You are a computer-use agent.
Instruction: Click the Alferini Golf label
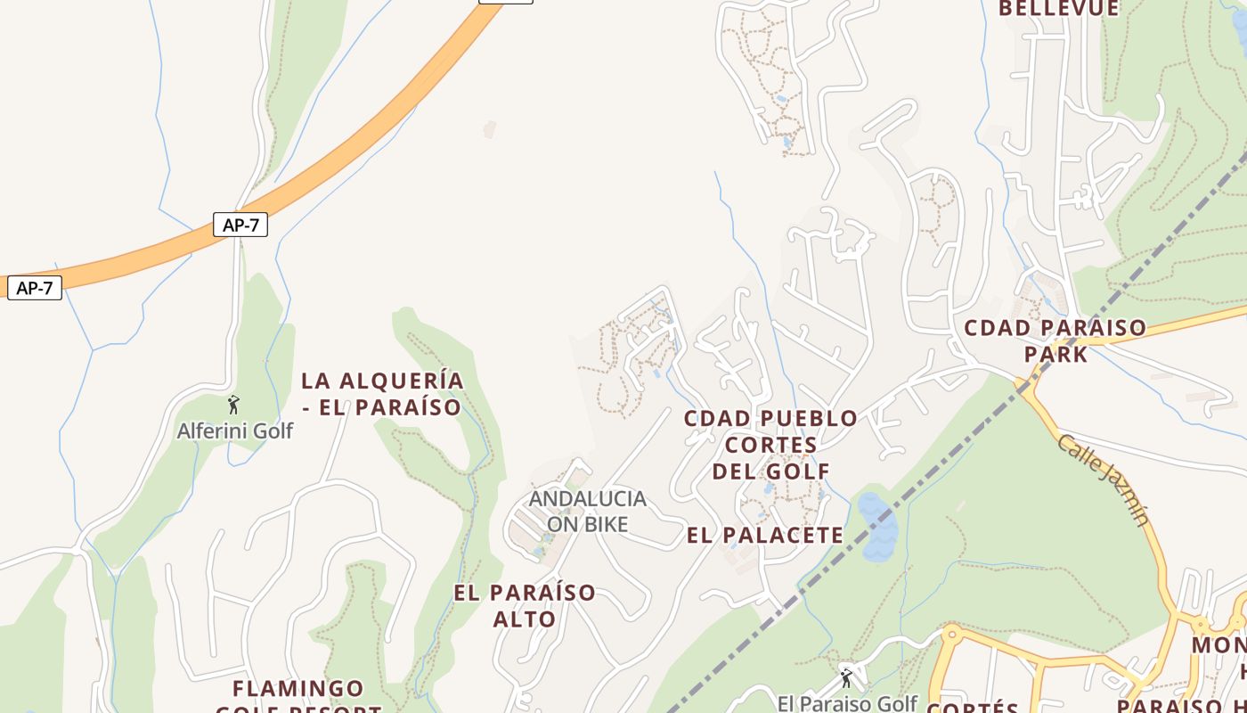coord(235,431)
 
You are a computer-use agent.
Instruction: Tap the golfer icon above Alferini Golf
coord(233,406)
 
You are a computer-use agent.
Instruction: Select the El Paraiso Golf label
coord(846,703)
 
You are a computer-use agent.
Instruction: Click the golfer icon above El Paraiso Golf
coord(845,679)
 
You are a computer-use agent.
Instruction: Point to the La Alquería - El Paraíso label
coord(382,394)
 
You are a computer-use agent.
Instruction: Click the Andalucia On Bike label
coord(587,511)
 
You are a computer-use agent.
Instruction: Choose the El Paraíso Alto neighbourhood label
coord(525,605)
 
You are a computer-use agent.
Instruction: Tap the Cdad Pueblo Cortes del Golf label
coord(771,444)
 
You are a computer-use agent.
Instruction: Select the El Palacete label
coord(765,535)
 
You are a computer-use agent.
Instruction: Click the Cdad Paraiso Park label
coord(1055,340)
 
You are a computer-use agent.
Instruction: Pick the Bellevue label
coord(1058,9)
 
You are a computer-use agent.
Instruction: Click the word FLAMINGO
coord(298,689)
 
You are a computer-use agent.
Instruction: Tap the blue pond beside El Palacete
coord(876,526)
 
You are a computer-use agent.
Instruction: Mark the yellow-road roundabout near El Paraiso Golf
coord(950,635)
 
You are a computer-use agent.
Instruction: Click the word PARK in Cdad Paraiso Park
coord(1055,354)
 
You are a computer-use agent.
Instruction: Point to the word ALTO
coord(525,619)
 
